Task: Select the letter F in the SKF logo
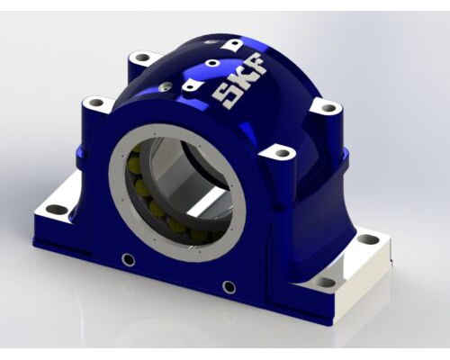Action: (x=256, y=64)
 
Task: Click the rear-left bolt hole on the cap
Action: (x=141, y=57)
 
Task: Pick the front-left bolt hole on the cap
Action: (x=96, y=103)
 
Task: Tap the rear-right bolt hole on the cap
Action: (x=328, y=107)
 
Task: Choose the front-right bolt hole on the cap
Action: (x=283, y=154)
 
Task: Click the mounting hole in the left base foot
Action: (x=54, y=209)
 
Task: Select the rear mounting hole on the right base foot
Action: (x=367, y=239)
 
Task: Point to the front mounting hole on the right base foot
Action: (x=326, y=283)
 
